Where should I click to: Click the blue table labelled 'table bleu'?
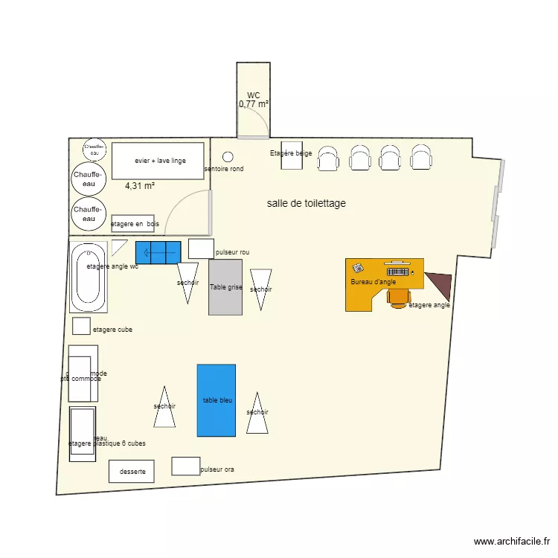pos(216,400)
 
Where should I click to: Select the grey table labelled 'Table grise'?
pos(225,286)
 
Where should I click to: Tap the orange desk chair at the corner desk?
pos(400,297)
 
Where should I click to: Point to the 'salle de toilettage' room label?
pos(306,203)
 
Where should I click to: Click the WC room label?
pos(253,95)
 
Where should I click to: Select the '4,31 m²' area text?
pos(139,186)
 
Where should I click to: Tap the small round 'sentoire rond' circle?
pos(228,157)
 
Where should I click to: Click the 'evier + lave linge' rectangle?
pos(158,161)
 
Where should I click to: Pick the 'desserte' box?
pos(132,471)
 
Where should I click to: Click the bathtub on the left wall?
pos(89,278)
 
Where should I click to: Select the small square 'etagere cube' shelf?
pos(80,326)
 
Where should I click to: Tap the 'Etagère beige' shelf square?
pos(292,155)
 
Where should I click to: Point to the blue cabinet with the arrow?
pos(158,252)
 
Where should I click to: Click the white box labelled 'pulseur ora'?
pos(185,466)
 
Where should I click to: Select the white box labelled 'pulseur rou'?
pos(201,248)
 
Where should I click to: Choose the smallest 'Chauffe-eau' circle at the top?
pos(94,149)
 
